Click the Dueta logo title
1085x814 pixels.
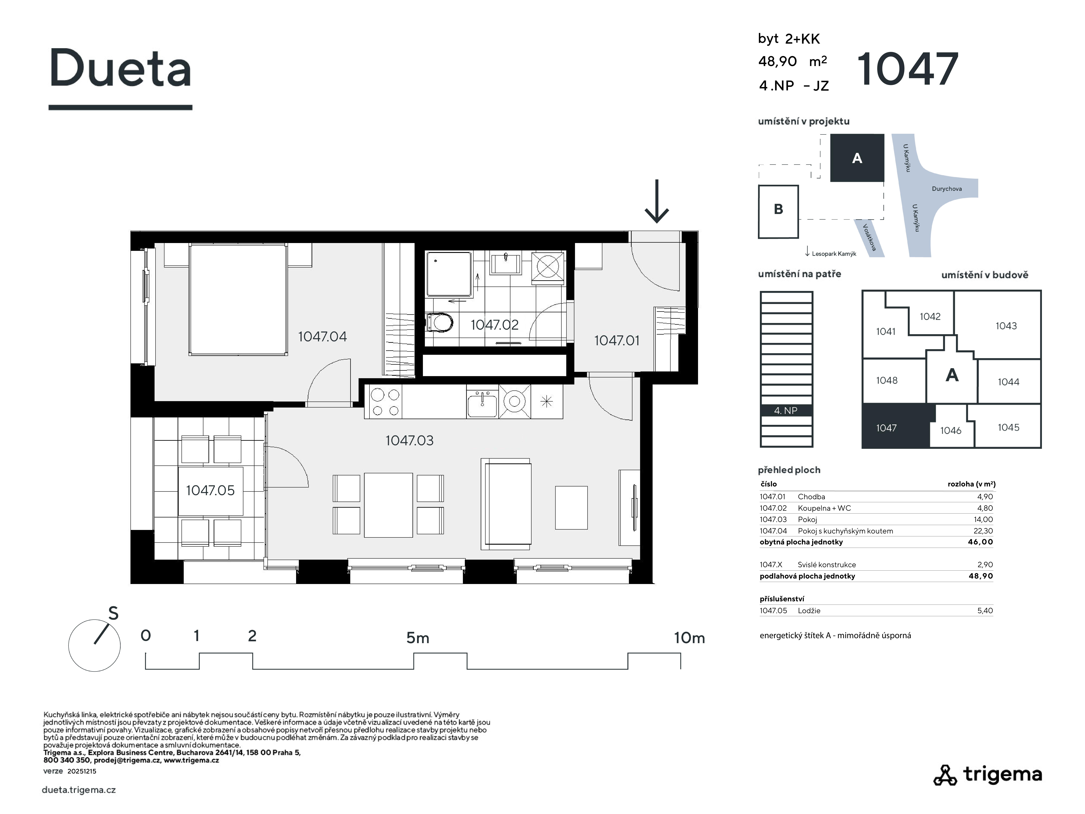120,69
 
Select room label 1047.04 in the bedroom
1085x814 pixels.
322,337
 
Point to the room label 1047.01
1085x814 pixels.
617,341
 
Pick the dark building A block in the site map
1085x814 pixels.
857,158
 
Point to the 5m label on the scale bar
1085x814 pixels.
417,638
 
